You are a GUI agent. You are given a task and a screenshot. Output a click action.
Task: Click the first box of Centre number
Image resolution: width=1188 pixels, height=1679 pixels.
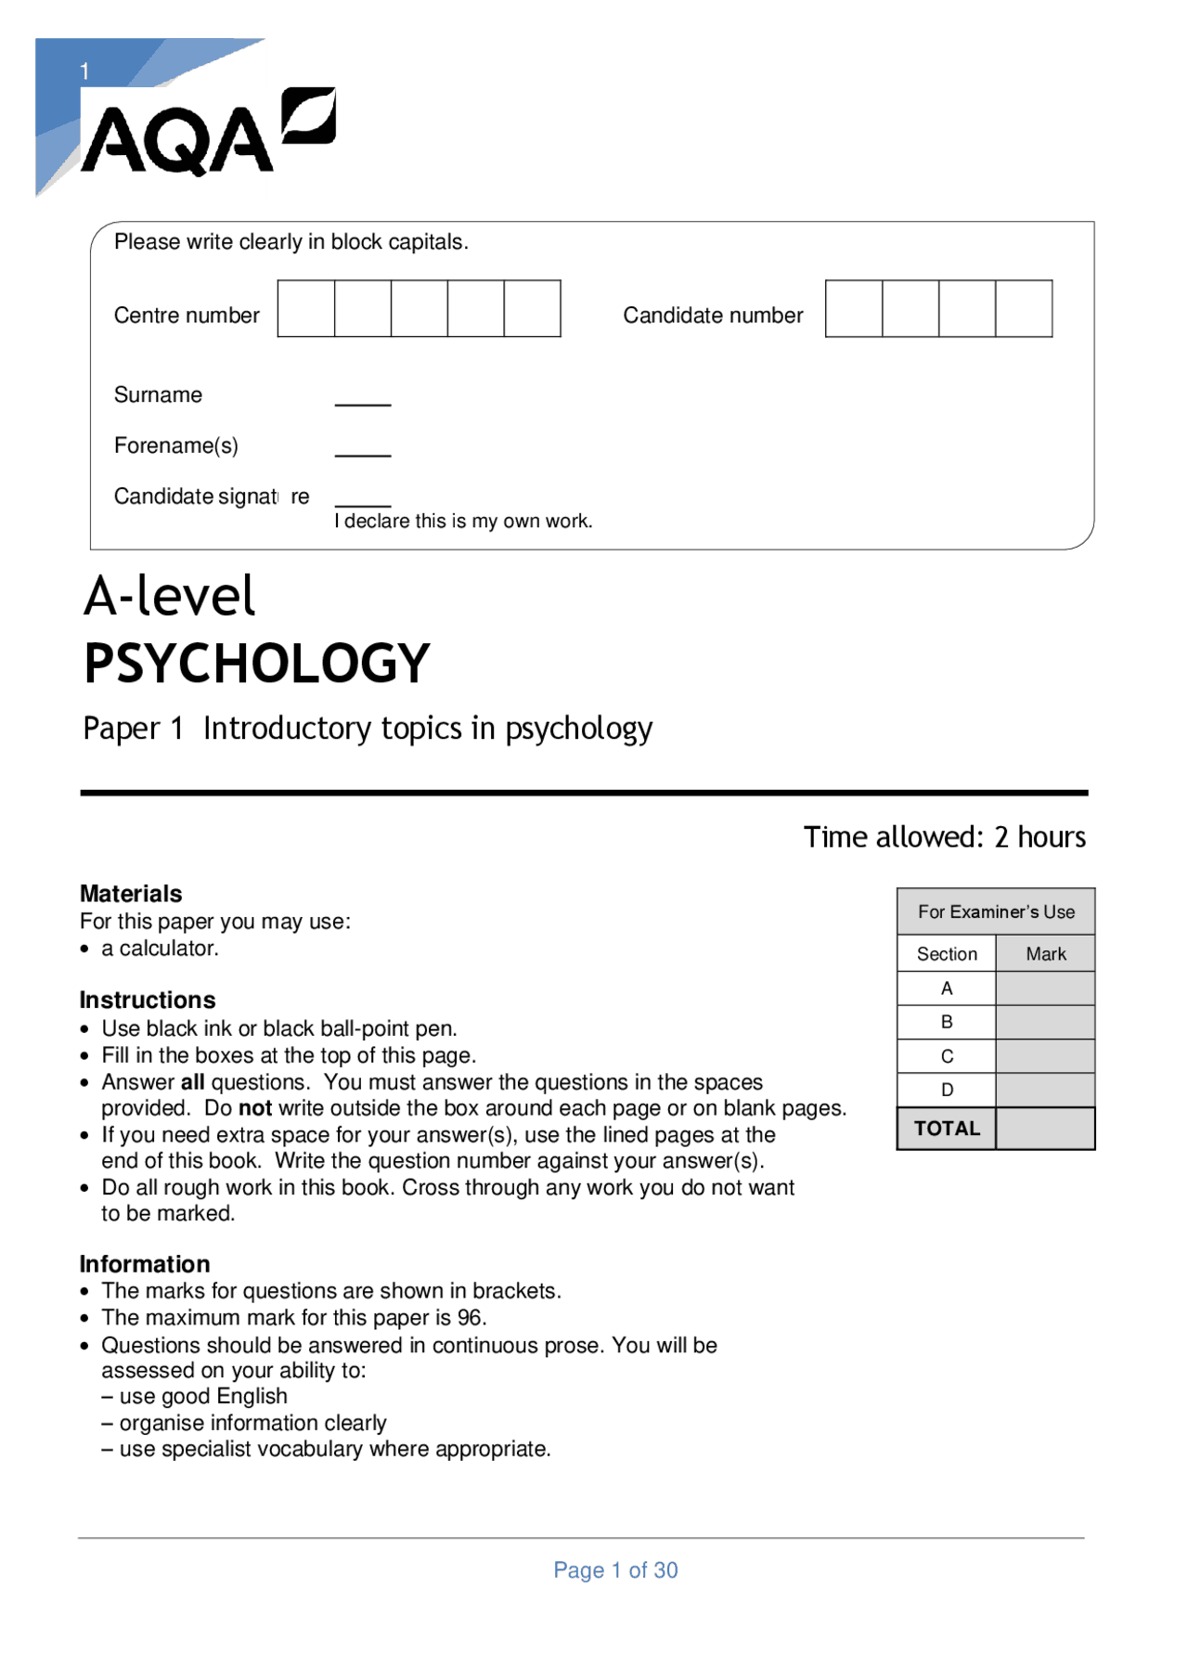click(306, 309)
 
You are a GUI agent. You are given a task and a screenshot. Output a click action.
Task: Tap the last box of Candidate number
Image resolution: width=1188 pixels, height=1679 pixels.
click(1024, 309)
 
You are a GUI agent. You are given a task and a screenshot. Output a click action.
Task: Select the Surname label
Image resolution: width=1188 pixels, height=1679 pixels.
click(158, 395)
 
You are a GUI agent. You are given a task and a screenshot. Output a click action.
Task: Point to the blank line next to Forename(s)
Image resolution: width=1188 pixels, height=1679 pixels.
click(363, 454)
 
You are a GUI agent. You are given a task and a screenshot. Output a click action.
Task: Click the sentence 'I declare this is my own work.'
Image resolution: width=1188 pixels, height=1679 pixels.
click(463, 522)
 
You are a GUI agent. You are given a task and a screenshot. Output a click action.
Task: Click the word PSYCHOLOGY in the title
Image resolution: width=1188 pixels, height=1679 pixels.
click(257, 664)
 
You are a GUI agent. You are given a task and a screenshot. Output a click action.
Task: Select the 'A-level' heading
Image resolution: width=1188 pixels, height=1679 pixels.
click(169, 596)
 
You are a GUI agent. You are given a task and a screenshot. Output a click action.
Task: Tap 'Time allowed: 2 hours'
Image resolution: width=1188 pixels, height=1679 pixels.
click(944, 837)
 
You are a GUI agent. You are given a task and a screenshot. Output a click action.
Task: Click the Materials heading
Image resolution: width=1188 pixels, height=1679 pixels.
click(131, 894)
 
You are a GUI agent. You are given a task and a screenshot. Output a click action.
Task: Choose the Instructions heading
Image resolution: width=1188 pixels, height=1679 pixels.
click(148, 1001)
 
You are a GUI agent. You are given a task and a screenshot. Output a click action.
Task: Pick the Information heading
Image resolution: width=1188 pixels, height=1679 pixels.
click(145, 1264)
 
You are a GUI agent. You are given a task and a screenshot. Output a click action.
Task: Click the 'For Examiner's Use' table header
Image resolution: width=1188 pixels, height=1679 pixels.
click(996, 912)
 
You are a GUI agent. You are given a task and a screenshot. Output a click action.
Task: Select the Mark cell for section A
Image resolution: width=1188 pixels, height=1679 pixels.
click(1045, 988)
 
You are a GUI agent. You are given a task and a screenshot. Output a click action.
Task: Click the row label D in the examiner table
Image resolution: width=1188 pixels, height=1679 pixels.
click(947, 1090)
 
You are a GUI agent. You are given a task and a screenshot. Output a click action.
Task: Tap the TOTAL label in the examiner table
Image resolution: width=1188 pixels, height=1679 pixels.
click(947, 1129)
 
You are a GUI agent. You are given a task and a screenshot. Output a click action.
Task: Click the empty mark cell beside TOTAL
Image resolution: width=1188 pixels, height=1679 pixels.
click(1045, 1129)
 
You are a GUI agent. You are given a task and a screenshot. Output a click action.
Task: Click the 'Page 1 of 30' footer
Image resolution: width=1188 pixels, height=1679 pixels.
click(615, 1570)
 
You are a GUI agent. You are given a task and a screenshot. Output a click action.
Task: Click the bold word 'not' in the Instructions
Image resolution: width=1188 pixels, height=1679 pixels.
click(255, 1108)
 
